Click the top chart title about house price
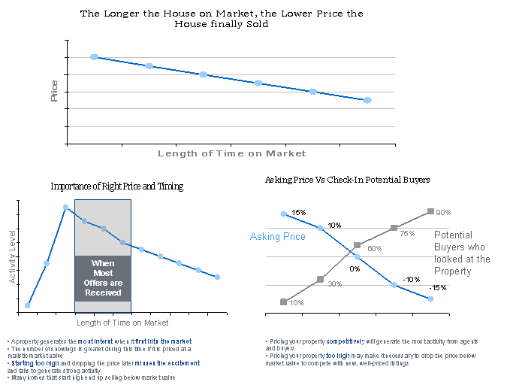(221, 19)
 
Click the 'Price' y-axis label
(54, 91)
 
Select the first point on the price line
(94, 57)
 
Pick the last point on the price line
(367, 100)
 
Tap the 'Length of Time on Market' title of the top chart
(231, 153)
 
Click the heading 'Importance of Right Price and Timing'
(116, 186)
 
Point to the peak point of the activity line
(66, 207)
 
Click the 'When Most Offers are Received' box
(103, 278)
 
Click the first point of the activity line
(28, 305)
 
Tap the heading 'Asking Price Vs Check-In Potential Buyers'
(347, 180)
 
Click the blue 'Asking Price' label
(278, 237)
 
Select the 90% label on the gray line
(442, 212)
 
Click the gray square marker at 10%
(283, 302)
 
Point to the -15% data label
(437, 288)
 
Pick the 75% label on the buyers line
(407, 234)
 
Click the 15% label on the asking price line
(298, 213)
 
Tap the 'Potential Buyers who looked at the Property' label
(462, 253)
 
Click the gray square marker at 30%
(320, 279)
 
